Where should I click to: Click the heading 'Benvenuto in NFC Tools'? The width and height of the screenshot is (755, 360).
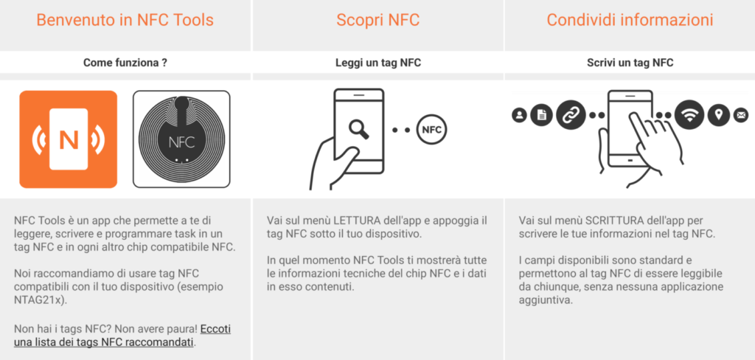[x=125, y=20]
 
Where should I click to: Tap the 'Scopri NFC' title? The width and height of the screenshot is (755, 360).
[x=377, y=20]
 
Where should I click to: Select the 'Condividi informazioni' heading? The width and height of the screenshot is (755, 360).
[x=630, y=20]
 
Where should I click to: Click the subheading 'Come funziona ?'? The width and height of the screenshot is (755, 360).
[x=125, y=63]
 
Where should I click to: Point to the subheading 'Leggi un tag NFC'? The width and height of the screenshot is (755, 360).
[x=377, y=63]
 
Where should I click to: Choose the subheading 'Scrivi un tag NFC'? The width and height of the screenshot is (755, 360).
[x=630, y=63]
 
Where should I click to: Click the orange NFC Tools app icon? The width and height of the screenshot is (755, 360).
[x=69, y=139]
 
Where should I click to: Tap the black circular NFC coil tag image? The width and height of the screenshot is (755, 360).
[x=181, y=139]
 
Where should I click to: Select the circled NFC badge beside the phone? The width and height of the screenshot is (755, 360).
[x=432, y=130]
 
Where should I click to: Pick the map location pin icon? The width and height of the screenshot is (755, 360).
[x=719, y=115]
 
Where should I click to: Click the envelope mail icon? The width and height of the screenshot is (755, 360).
[x=741, y=115]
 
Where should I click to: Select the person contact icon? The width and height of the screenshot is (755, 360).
[x=520, y=115]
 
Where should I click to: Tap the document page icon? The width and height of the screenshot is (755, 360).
[x=542, y=115]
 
